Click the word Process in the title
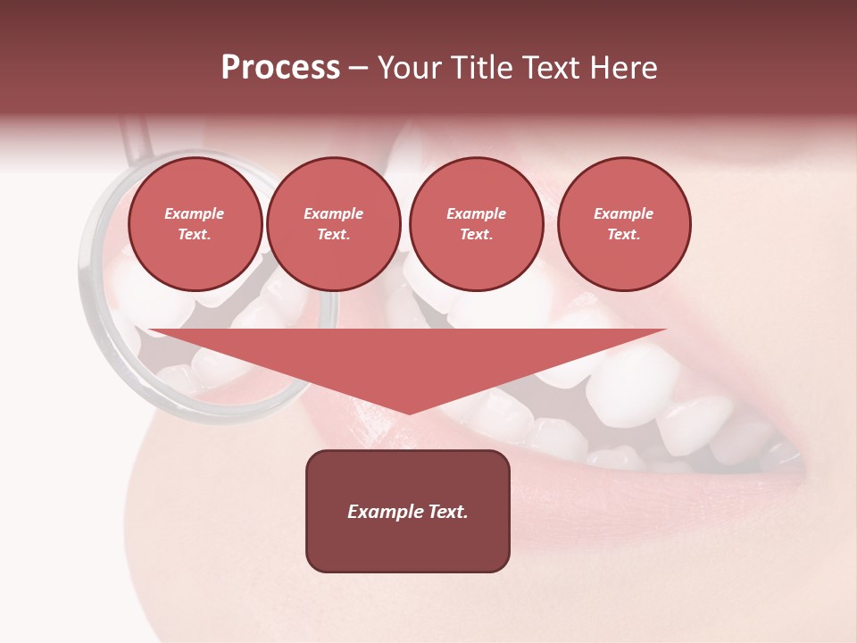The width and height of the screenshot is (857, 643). coord(280,68)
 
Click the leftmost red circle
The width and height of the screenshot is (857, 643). coord(195,224)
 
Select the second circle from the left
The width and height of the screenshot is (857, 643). coord(333,224)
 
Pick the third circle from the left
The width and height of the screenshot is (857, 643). coord(476,224)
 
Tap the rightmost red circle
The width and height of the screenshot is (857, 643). coord(623,224)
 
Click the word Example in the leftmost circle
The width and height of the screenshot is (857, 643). coord(195,213)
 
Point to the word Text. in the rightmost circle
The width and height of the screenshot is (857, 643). coord(623,234)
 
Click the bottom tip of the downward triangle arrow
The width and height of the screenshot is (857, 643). coord(409,412)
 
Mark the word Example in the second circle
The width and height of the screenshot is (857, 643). coord(333,213)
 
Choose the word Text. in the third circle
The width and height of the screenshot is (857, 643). coord(476,234)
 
